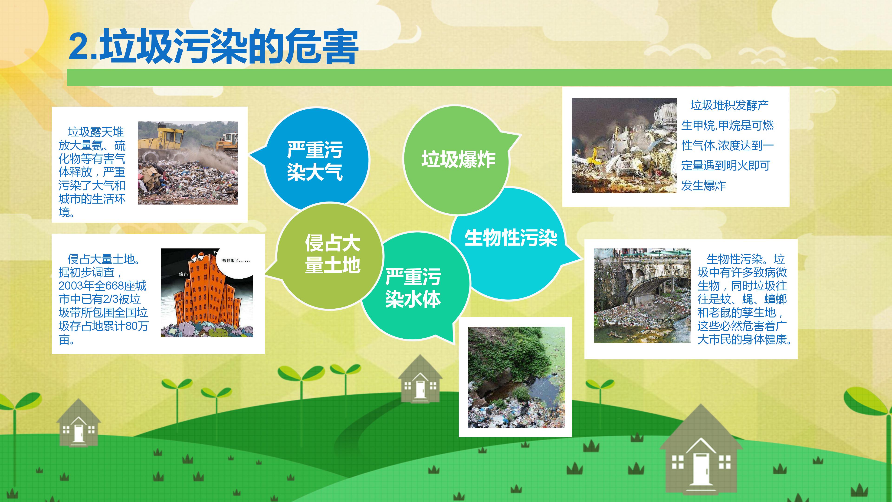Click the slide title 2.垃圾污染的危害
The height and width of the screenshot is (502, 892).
click(213, 47)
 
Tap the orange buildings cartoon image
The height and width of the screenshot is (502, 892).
click(207, 293)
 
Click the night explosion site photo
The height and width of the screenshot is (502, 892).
click(624, 145)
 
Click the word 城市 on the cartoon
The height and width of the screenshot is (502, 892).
click(184, 274)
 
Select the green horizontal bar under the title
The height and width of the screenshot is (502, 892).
click(478, 77)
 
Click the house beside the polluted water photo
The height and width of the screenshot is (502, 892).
click(420, 381)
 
